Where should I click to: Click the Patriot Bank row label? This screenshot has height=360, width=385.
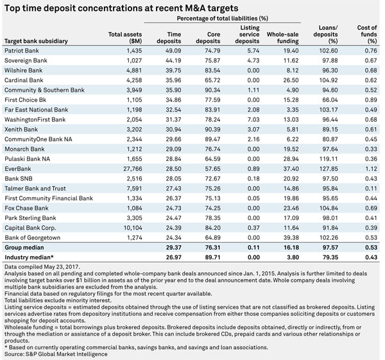22,51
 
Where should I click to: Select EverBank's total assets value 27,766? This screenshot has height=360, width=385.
133,169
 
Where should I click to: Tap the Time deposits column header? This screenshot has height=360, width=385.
169,38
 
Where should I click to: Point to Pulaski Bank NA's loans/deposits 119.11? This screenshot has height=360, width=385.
329,159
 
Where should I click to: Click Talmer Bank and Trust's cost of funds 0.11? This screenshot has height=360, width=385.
371,189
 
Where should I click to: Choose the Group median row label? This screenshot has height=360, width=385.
24,247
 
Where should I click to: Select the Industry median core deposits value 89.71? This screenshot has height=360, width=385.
212,257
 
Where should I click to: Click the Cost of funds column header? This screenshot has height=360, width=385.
367,34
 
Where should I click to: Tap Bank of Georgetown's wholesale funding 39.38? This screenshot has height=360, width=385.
291,237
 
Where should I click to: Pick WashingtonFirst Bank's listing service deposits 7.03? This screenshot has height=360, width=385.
253,119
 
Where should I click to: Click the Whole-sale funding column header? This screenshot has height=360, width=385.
283,38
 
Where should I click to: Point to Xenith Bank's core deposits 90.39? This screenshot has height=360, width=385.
212,130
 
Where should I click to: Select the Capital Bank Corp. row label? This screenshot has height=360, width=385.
30,228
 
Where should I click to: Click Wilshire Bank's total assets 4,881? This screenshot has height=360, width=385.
134,70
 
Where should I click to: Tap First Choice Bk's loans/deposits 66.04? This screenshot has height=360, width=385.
330,100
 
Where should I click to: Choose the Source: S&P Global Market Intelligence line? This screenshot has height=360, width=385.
56,354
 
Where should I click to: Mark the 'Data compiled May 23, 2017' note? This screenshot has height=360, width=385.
42,267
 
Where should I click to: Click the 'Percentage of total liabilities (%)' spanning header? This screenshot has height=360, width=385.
223,19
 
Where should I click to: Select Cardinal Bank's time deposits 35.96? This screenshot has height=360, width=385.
173,80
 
